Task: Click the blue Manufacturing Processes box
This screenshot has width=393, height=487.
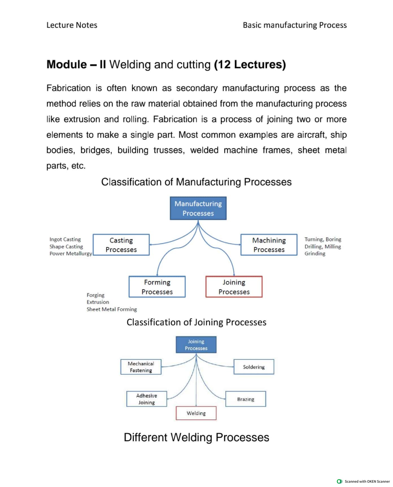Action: click(x=198, y=208)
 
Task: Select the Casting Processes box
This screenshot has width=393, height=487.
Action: click(x=121, y=245)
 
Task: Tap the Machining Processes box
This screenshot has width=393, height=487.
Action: click(x=269, y=245)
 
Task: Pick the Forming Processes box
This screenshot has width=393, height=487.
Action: click(x=157, y=287)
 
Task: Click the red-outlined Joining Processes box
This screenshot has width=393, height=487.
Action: click(x=234, y=287)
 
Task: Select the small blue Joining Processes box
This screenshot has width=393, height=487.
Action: click(x=196, y=345)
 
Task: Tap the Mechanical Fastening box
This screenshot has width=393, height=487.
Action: click(x=141, y=367)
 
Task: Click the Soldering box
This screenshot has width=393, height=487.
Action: click(x=254, y=367)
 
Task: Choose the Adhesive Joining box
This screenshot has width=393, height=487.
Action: click(x=146, y=399)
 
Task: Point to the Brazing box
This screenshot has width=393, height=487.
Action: click(x=246, y=399)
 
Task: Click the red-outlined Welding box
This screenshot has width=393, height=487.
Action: click(x=196, y=413)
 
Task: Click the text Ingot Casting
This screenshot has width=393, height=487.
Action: click(x=65, y=239)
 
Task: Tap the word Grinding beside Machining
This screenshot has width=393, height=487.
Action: click(x=315, y=253)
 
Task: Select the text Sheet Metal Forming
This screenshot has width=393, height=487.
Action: click(x=112, y=309)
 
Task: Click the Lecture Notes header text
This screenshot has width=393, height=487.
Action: click(x=72, y=25)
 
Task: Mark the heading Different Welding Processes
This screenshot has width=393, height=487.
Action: click(x=196, y=437)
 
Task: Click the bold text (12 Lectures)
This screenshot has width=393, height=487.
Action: click(x=250, y=64)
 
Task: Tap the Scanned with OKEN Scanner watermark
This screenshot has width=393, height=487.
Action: click(x=364, y=481)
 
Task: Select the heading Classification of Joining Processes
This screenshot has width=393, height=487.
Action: click(x=196, y=322)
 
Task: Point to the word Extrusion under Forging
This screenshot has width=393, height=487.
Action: click(x=98, y=302)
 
